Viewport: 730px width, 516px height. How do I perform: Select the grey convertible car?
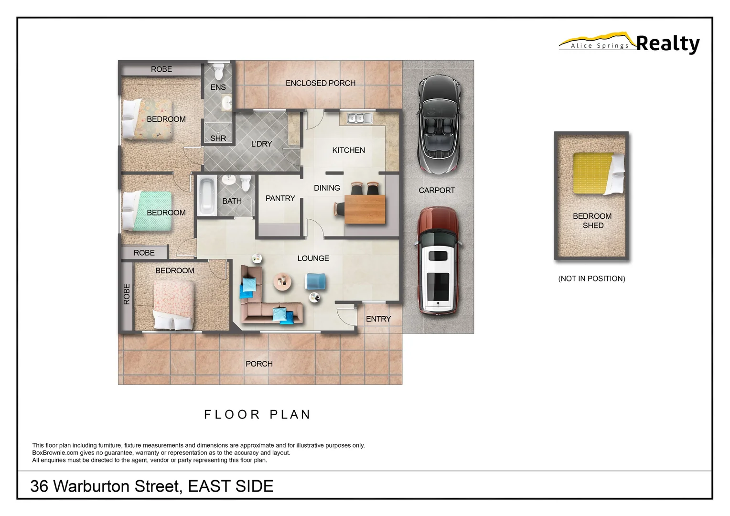(439, 123)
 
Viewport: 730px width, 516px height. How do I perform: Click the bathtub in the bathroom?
(207, 196)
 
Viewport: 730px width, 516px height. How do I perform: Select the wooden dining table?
(365, 209)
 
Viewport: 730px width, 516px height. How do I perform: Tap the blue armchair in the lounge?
(315, 281)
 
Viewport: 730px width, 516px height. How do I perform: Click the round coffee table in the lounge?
(282, 281)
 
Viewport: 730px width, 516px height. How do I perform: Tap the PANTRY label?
(280, 198)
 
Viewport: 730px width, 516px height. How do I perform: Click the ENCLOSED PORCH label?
(320, 83)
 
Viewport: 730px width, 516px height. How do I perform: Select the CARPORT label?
(437, 190)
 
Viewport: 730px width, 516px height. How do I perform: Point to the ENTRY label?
(378, 319)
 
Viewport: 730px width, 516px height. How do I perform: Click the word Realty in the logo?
(667, 44)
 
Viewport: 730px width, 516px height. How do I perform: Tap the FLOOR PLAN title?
(258, 414)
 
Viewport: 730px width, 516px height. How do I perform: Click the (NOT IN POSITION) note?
(591, 279)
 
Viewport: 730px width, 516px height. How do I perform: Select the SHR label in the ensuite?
(218, 138)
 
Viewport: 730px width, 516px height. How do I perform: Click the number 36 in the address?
(39, 486)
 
